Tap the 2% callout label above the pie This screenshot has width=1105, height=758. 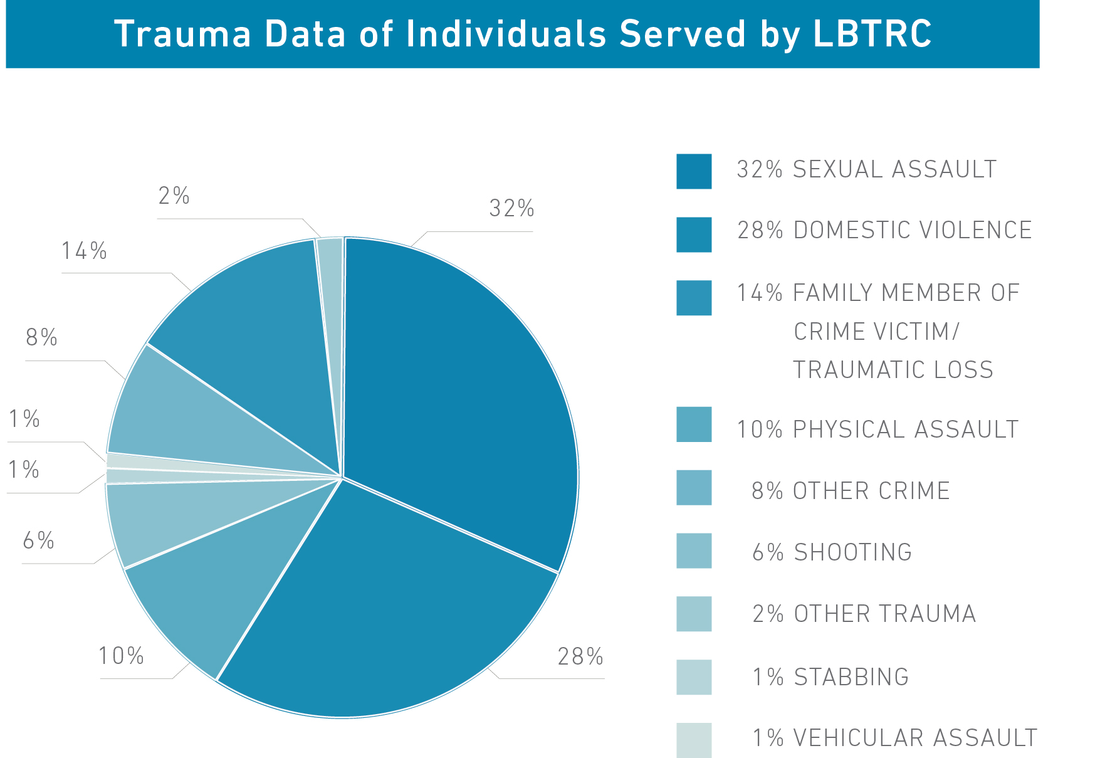coord(174,196)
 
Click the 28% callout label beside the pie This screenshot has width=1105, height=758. coord(580,656)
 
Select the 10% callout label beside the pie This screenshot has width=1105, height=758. coord(121,656)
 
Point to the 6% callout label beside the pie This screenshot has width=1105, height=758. coord(38,540)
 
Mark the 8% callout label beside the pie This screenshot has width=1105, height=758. coord(41,338)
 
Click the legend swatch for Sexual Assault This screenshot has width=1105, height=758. coord(694,171)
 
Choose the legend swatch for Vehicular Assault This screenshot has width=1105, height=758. coord(694,740)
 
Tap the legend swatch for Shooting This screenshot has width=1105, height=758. coord(694,550)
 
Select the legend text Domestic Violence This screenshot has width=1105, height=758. coord(912,230)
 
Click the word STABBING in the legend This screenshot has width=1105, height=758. coord(851,677)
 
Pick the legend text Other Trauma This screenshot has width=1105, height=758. coord(884,614)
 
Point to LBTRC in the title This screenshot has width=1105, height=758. coord(872,34)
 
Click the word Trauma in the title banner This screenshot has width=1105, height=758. coord(182,34)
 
